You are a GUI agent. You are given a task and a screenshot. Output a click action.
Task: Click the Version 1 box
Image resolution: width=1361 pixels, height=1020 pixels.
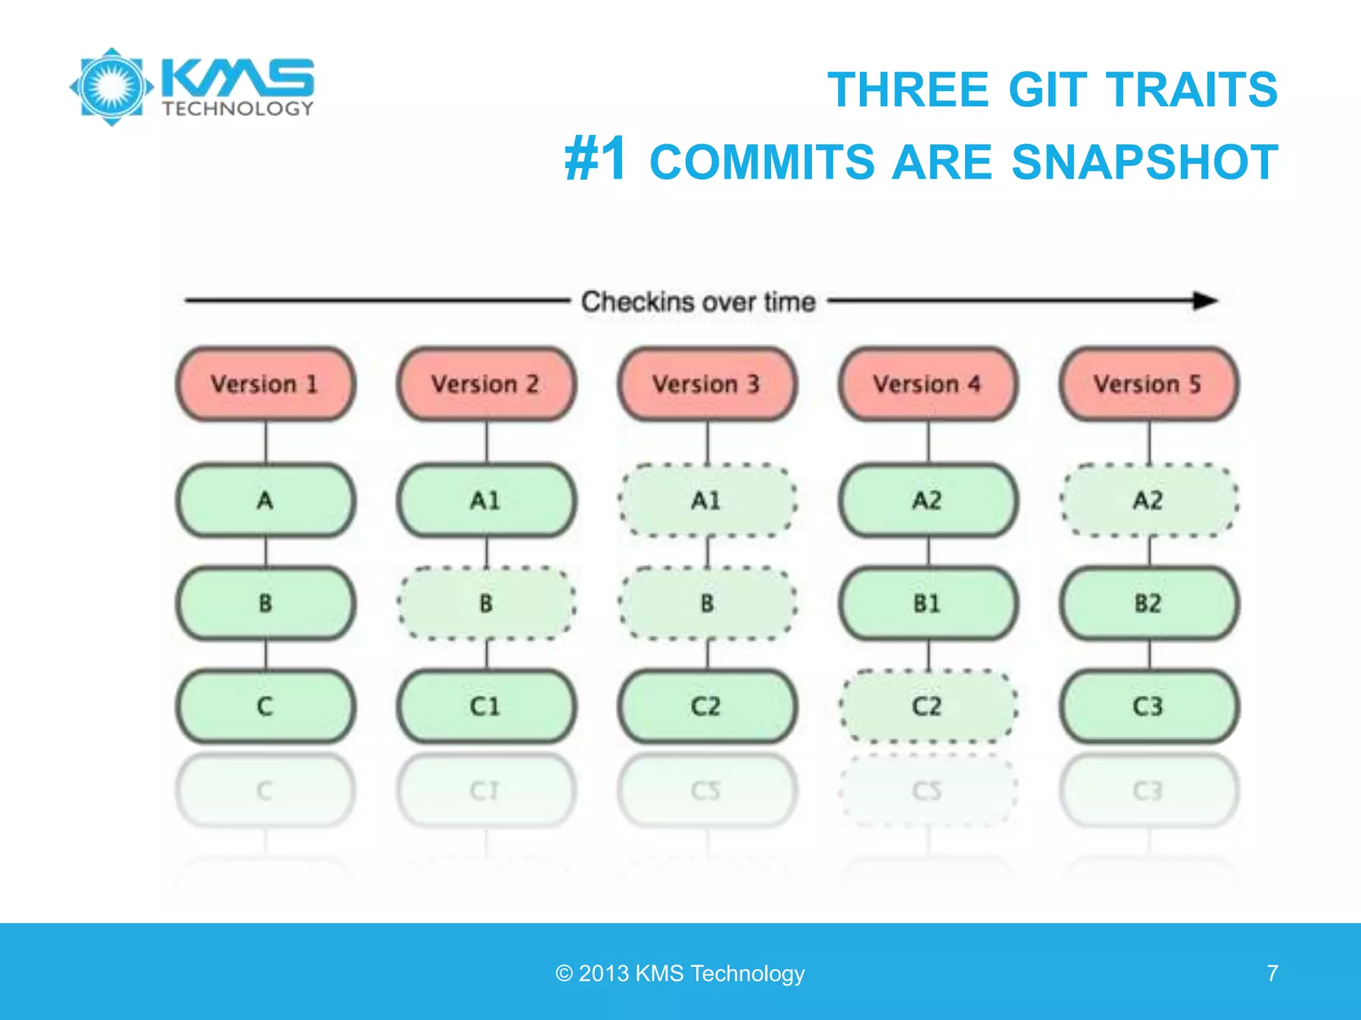pos(265,384)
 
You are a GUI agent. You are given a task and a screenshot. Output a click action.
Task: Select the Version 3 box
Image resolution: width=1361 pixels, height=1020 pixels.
pos(707,384)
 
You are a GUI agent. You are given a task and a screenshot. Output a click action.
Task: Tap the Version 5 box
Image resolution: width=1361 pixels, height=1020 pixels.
pos(1149,384)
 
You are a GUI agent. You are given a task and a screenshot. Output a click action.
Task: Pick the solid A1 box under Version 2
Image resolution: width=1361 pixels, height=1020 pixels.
pos(486,500)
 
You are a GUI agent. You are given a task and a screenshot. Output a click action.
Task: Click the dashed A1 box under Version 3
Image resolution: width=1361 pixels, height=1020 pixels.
pos(707,500)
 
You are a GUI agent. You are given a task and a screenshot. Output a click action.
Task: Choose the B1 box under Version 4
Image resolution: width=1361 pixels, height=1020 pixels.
pos(928,603)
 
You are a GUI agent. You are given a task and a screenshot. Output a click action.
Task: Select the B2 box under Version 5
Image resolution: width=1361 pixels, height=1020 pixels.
pos(1149,603)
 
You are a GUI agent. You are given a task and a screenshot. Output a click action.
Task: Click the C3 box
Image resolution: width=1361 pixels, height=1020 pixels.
pos(1149,706)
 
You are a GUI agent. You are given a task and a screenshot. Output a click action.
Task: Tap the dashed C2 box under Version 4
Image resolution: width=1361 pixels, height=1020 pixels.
pos(928,706)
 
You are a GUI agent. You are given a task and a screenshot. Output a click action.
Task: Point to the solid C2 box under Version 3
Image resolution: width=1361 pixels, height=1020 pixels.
pos(707,706)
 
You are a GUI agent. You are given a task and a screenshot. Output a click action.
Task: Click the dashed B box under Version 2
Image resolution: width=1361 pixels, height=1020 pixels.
pos(486,603)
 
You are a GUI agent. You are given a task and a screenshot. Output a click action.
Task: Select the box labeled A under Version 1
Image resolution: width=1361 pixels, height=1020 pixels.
pos(265,500)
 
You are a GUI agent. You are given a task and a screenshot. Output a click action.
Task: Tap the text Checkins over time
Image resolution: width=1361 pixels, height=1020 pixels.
pos(698,302)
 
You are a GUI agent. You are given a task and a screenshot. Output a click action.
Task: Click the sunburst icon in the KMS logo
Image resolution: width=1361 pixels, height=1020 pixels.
pos(112,86)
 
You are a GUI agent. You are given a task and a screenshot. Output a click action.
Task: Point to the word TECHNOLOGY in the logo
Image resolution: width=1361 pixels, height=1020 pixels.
pos(238,109)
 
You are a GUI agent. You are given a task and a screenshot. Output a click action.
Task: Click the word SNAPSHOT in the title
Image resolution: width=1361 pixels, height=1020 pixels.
pos(1144,162)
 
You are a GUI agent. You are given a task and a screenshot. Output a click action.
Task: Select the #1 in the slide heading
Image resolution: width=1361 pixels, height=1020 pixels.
pos(595,159)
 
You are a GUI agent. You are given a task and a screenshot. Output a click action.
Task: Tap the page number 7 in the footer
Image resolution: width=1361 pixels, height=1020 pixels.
pos(1272,973)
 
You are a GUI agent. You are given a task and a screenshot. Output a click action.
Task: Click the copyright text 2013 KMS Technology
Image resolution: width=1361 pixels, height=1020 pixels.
pos(680,973)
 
